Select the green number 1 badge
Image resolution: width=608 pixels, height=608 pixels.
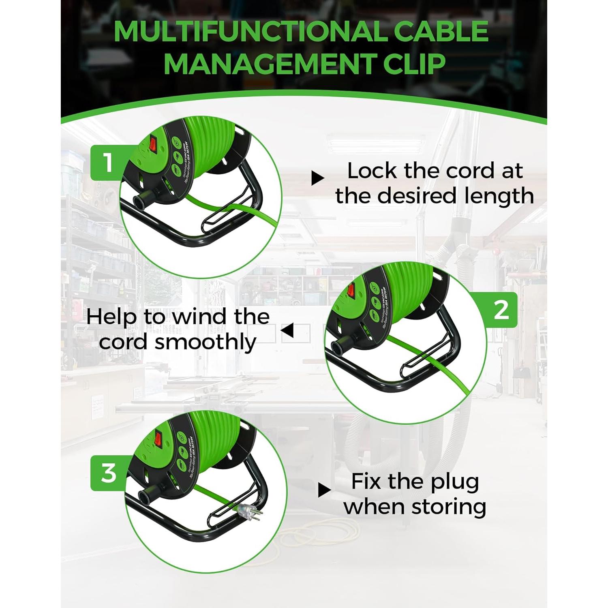tap(108, 163)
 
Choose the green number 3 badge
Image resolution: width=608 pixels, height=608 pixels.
tap(108, 473)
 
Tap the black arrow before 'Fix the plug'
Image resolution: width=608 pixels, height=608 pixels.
tap(324, 490)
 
